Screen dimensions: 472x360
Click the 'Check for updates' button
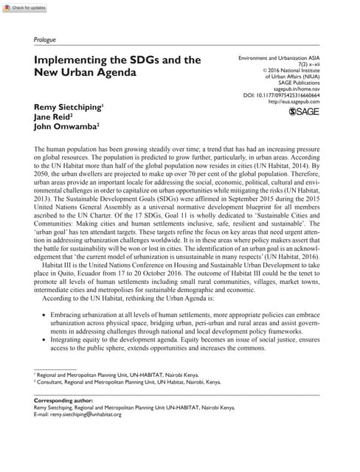click(x=24, y=7)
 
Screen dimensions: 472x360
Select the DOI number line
click(x=287, y=94)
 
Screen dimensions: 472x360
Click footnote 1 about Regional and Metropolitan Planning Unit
click(x=122, y=375)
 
